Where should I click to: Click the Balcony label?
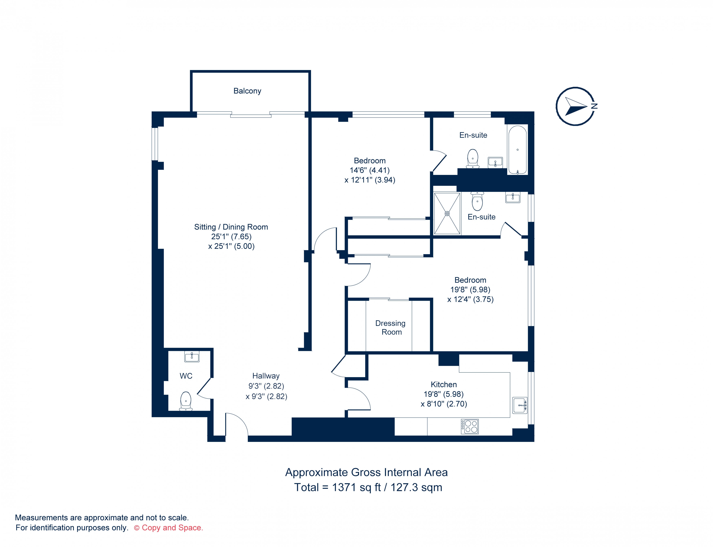(247, 91)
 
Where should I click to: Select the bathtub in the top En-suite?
(517, 150)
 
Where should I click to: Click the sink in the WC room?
(192, 357)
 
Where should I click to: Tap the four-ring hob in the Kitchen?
(470, 426)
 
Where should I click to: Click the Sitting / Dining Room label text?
(231, 227)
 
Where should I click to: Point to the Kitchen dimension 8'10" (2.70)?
(444, 404)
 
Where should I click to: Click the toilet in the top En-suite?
(473, 158)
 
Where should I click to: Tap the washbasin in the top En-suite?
(495, 162)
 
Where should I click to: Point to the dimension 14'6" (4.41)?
(370, 170)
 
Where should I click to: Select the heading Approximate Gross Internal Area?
(367, 472)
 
